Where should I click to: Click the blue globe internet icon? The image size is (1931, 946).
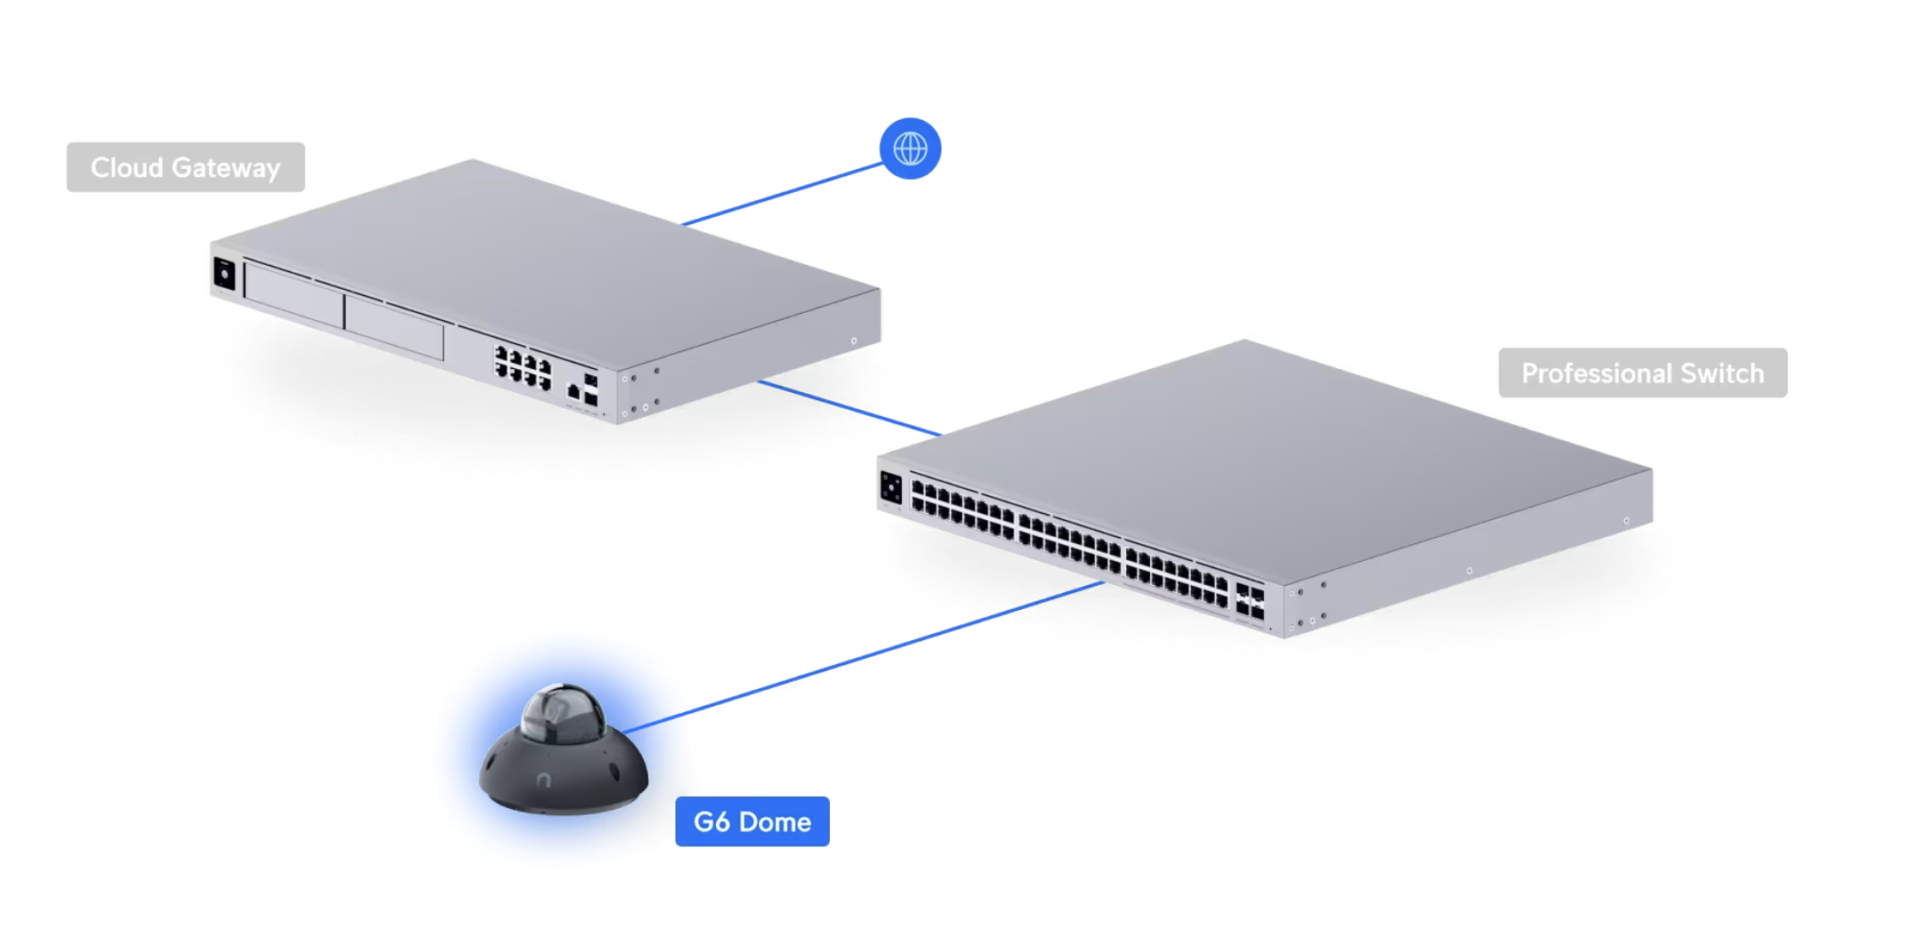pyautogui.click(x=910, y=148)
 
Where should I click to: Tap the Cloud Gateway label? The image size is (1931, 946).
pyautogui.click(x=186, y=167)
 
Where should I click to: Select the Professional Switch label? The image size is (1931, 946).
pyautogui.click(x=1643, y=373)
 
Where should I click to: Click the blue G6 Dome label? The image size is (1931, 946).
pyautogui.click(x=752, y=822)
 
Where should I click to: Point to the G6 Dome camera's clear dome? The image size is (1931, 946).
pyautogui.click(x=562, y=713)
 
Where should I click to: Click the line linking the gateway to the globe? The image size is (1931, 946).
pyautogui.click(x=782, y=194)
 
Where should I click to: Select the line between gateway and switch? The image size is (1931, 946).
pyautogui.click(x=849, y=408)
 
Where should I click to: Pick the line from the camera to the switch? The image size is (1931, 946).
pyautogui.click(x=863, y=657)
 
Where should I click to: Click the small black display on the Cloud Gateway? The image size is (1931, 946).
pyautogui.click(x=224, y=273)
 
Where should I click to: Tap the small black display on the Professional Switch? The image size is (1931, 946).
pyautogui.click(x=890, y=487)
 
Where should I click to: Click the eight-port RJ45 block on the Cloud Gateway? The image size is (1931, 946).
pyautogui.click(x=523, y=367)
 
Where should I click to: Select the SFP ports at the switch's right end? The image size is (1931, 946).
pyautogui.click(x=1250, y=601)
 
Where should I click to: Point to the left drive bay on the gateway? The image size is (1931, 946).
pyautogui.click(x=294, y=295)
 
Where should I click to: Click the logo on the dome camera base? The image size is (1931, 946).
pyautogui.click(x=544, y=780)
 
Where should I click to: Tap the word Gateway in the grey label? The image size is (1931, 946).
pyautogui.click(x=226, y=167)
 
